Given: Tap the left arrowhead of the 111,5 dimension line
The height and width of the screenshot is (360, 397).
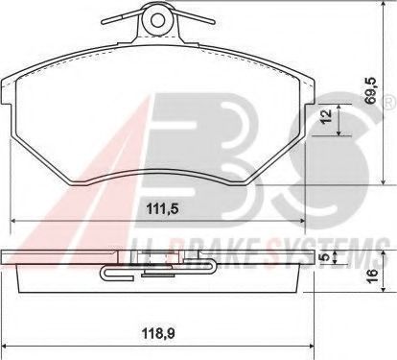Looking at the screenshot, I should (14, 220).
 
